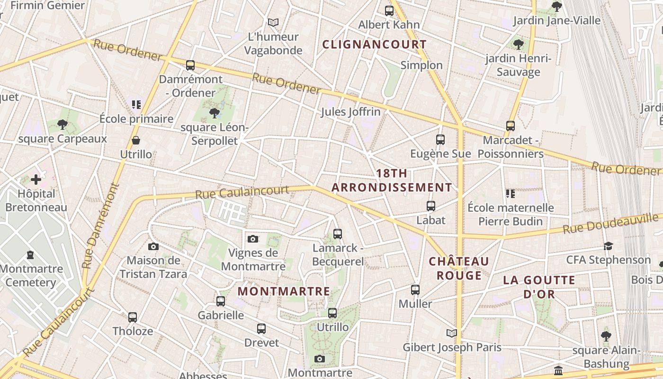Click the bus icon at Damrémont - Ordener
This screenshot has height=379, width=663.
coord(190,65)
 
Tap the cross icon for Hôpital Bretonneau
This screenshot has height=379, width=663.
coord(36,180)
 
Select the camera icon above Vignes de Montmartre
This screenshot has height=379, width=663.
coord(253,239)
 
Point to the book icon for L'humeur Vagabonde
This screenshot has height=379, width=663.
coord(273,22)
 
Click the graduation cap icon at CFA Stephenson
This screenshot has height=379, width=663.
coord(609,246)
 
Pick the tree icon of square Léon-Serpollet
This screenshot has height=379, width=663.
coord(214,113)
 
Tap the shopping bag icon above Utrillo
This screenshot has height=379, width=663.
coord(136,140)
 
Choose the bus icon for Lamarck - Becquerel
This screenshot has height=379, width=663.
coord(338,234)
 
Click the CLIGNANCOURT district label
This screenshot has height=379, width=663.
coord(374,45)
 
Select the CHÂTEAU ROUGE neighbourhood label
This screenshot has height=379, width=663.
coord(458,268)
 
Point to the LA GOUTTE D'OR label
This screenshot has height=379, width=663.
coord(539,287)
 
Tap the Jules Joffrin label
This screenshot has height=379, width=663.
coord(350,112)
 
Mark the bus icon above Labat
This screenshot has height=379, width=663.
coord(431,206)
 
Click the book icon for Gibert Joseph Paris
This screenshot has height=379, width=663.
coord(452,334)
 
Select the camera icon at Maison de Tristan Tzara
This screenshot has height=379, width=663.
coord(153,246)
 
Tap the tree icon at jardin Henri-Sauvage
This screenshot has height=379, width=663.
coord(519,45)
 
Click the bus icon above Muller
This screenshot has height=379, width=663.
coord(415,289)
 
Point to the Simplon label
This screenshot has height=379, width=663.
coord(421,65)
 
